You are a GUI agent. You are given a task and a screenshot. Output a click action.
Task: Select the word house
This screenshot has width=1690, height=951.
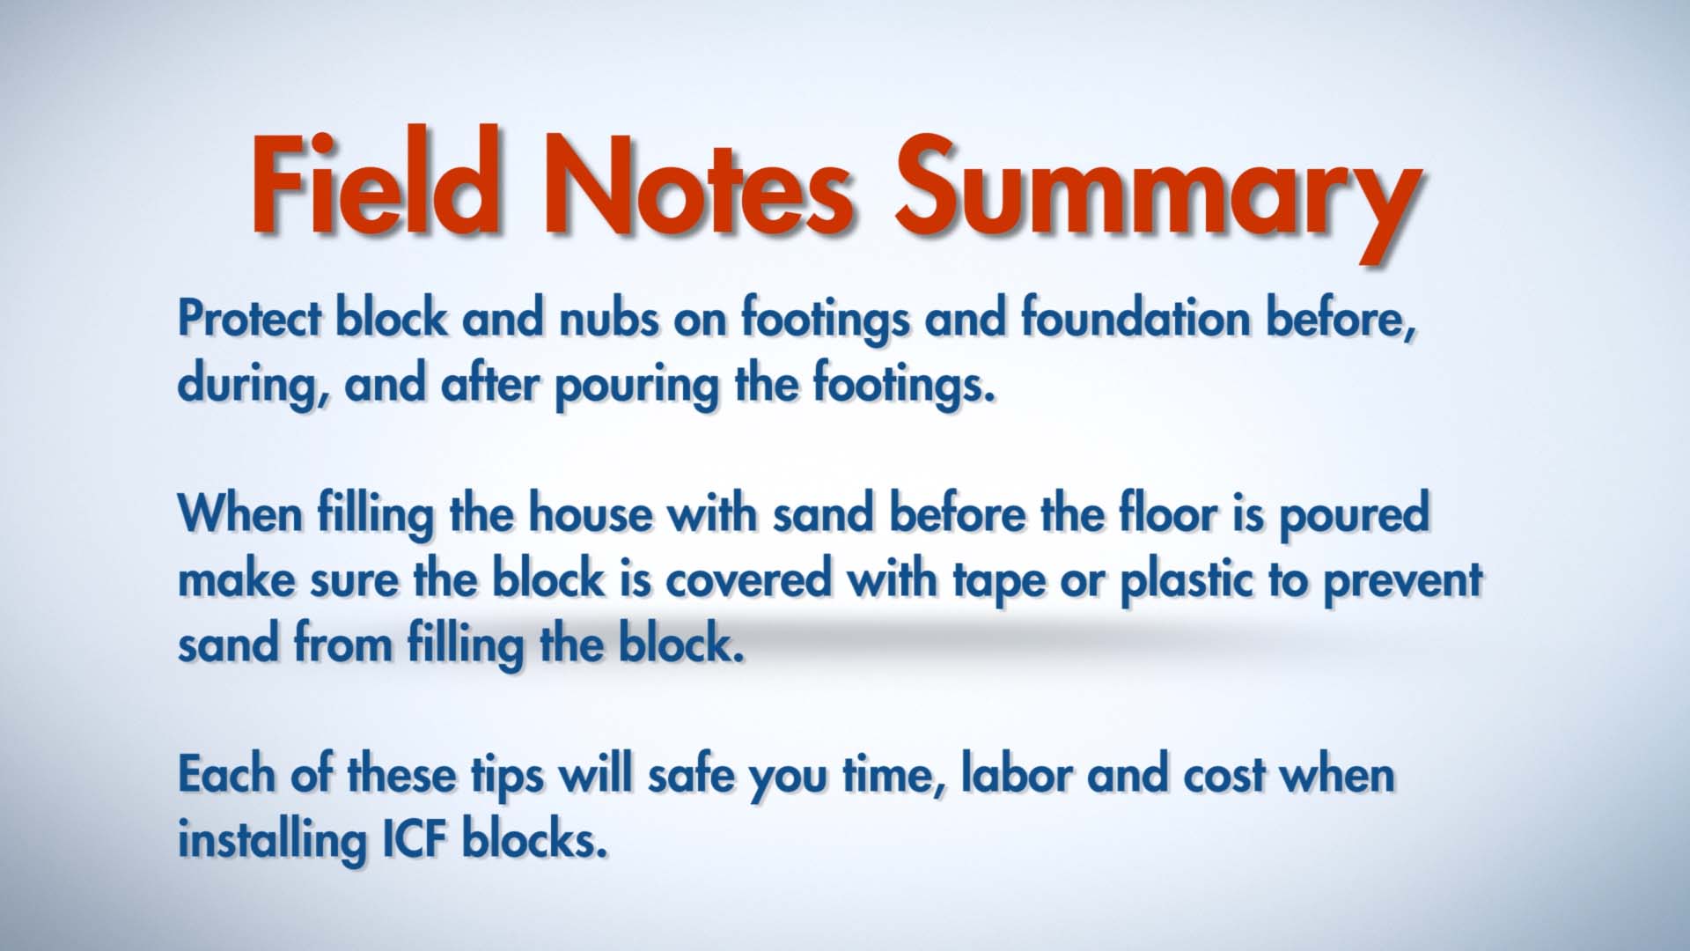591,512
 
